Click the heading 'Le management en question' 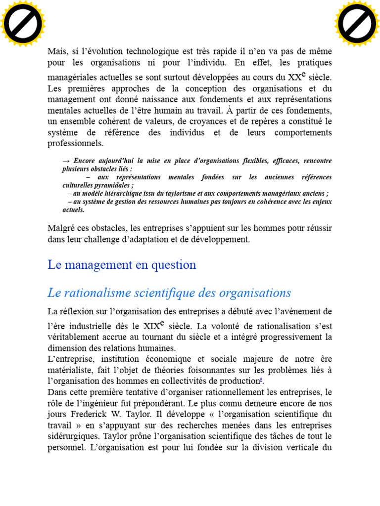click(x=122, y=265)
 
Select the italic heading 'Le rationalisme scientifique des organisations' click(x=169, y=293)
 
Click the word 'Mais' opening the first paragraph click(x=57, y=51)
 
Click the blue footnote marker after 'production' click(x=261, y=380)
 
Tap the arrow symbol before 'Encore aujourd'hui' click(x=66, y=161)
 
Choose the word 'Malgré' click(x=61, y=228)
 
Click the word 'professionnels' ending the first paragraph click(x=76, y=144)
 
